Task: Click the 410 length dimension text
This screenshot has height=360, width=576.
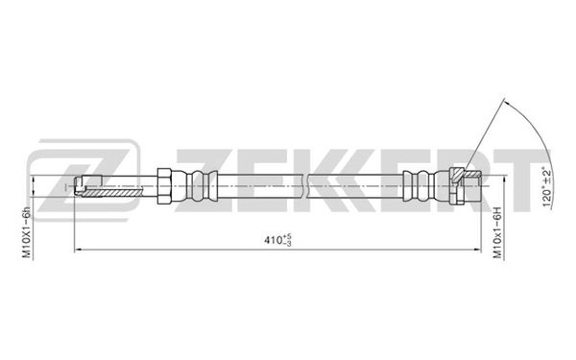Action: pyautogui.click(x=273, y=240)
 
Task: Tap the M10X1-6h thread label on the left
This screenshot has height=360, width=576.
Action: pyautogui.click(x=27, y=232)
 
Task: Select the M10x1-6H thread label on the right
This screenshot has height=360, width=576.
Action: pyautogui.click(x=497, y=232)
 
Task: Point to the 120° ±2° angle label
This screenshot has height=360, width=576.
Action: pyautogui.click(x=546, y=187)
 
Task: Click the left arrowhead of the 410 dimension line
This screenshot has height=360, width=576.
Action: pyautogui.click(x=78, y=250)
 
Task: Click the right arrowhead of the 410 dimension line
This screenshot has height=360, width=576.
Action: pyautogui.click(x=477, y=250)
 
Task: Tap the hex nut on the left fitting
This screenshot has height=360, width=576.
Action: pyautogui.click(x=164, y=186)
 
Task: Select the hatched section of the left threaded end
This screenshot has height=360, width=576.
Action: pyautogui.click(x=111, y=192)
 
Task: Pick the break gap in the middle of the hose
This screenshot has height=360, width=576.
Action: pyautogui.click(x=305, y=186)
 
